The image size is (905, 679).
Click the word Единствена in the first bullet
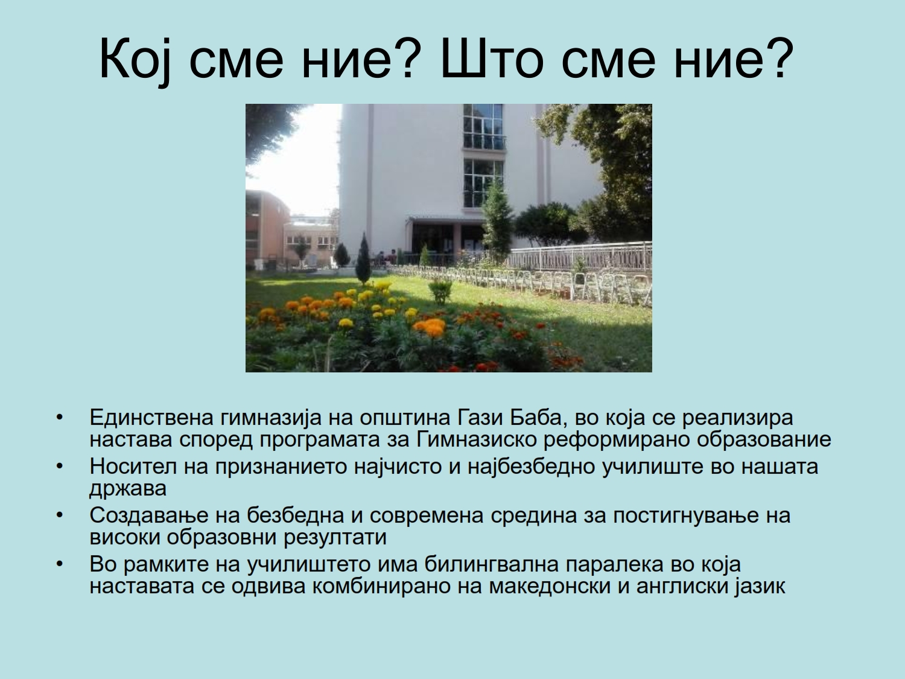151,417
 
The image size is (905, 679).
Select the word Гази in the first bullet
478,417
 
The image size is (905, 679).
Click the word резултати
335,538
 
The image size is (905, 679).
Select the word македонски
550,586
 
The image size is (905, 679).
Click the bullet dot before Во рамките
60,564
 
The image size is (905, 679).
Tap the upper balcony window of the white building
484,127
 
